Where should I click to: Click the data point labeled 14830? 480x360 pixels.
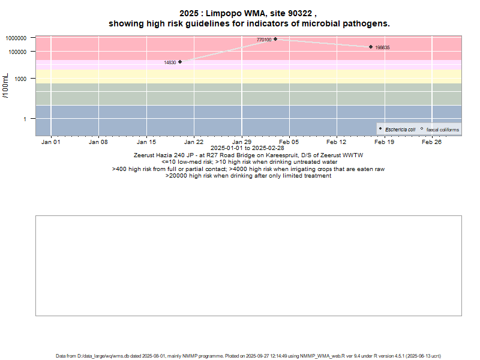(x=180, y=61)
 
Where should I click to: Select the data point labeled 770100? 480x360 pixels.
(x=275, y=39)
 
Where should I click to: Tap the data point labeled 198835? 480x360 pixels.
(x=371, y=47)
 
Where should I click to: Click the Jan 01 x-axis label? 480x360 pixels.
(x=50, y=142)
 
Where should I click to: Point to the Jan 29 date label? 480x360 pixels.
(x=241, y=142)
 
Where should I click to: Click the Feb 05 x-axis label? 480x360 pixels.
(x=289, y=142)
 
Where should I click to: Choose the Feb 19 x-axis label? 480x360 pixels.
(x=385, y=142)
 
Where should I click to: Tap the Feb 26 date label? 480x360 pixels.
(x=432, y=142)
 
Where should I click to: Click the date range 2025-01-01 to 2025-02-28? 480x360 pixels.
(x=247, y=148)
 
